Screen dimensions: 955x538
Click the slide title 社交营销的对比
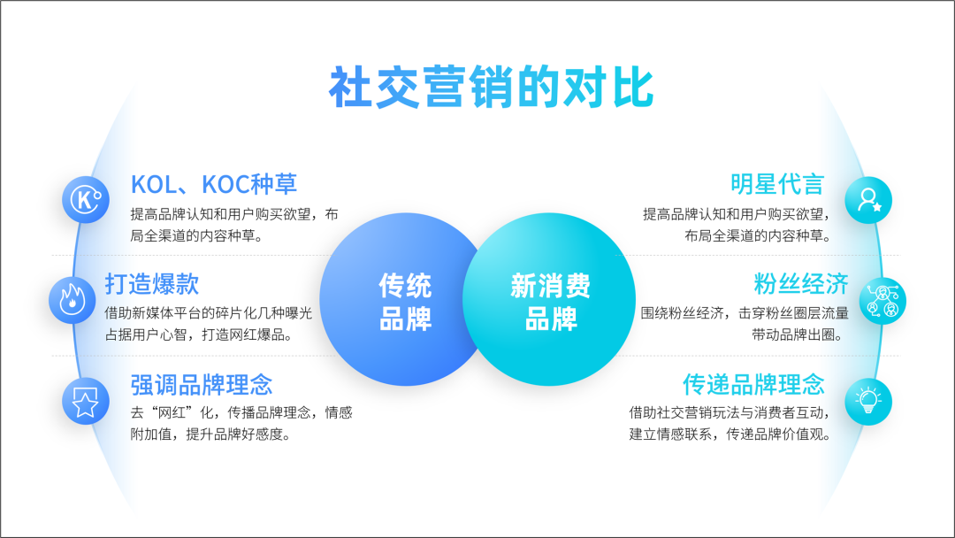point(491,87)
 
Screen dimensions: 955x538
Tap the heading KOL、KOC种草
point(214,184)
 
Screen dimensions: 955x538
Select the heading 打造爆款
point(152,284)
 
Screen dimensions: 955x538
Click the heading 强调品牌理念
point(202,384)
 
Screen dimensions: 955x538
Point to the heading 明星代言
point(777,184)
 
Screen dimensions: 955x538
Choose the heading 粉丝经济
point(801,284)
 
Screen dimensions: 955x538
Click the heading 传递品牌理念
point(753,384)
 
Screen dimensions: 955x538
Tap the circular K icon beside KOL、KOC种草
point(86,200)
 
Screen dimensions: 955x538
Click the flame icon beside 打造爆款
point(72,300)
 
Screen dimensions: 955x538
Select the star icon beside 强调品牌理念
point(86,402)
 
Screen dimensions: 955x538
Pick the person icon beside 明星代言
point(868,200)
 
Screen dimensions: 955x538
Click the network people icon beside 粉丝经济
point(882,301)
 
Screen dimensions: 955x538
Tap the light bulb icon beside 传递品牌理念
point(868,402)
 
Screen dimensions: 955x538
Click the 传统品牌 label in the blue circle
point(405,302)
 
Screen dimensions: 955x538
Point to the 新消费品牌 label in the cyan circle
point(550,302)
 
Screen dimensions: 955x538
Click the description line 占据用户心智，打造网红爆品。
point(199,334)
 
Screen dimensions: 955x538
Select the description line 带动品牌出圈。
point(798,334)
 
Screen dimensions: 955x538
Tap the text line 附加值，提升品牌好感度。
point(210,434)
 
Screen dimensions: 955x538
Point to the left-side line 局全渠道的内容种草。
point(196,235)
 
